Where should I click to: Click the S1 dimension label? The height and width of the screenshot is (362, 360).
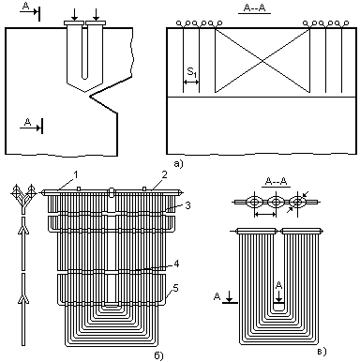point(192,72)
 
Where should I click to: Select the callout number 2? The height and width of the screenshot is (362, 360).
point(165,174)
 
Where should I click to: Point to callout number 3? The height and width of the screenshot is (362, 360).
point(187,205)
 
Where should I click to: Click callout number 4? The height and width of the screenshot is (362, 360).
point(176,264)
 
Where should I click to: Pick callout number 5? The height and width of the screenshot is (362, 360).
point(176,288)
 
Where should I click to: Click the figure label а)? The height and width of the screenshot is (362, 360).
point(178,163)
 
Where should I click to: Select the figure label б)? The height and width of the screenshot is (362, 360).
point(158,355)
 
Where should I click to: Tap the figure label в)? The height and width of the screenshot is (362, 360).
point(322,352)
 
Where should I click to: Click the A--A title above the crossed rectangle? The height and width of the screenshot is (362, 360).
point(254,8)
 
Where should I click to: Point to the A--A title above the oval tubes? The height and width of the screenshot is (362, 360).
point(276,182)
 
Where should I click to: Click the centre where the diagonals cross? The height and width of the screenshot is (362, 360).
point(262,60)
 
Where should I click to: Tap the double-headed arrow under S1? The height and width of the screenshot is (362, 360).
point(191,83)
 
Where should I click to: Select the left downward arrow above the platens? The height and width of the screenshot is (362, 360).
point(74,14)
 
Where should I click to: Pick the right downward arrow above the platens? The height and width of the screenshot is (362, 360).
point(97,14)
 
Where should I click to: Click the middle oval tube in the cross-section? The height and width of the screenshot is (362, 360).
point(276,202)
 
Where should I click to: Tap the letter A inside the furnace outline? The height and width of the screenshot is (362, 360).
point(28,123)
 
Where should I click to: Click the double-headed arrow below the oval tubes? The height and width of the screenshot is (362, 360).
point(265,214)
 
